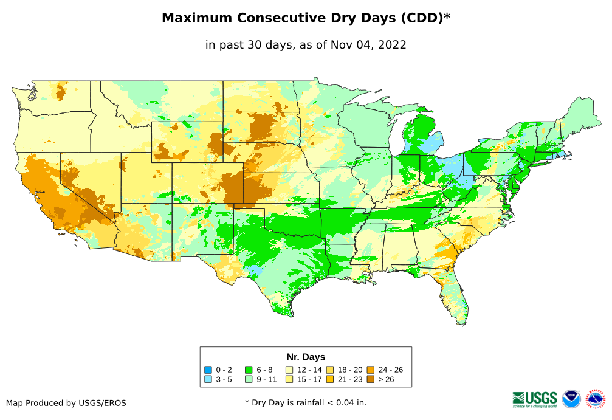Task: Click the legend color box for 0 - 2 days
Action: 208,370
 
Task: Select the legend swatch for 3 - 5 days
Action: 208,379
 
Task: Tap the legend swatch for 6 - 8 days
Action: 249,370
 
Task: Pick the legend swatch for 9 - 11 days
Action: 249,379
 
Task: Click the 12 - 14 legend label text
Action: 309,370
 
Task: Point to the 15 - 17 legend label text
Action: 309,379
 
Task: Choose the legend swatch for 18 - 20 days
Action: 330,370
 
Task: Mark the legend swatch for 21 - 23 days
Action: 330,379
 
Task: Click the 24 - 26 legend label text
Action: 390,370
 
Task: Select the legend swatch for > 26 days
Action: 370,379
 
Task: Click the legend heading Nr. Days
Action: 306,357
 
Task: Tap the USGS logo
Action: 535,399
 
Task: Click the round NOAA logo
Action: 571,399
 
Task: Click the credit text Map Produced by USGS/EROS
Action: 66,403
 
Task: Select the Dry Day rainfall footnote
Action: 306,402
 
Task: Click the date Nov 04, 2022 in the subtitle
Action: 371,44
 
